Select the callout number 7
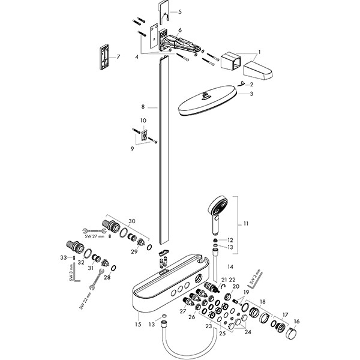pyautogui.click(x=118, y=57)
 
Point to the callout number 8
pyautogui.click(x=143, y=106)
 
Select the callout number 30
pyautogui.click(x=132, y=221)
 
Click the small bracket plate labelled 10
pyautogui.click(x=144, y=137)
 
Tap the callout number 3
pyautogui.click(x=252, y=94)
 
